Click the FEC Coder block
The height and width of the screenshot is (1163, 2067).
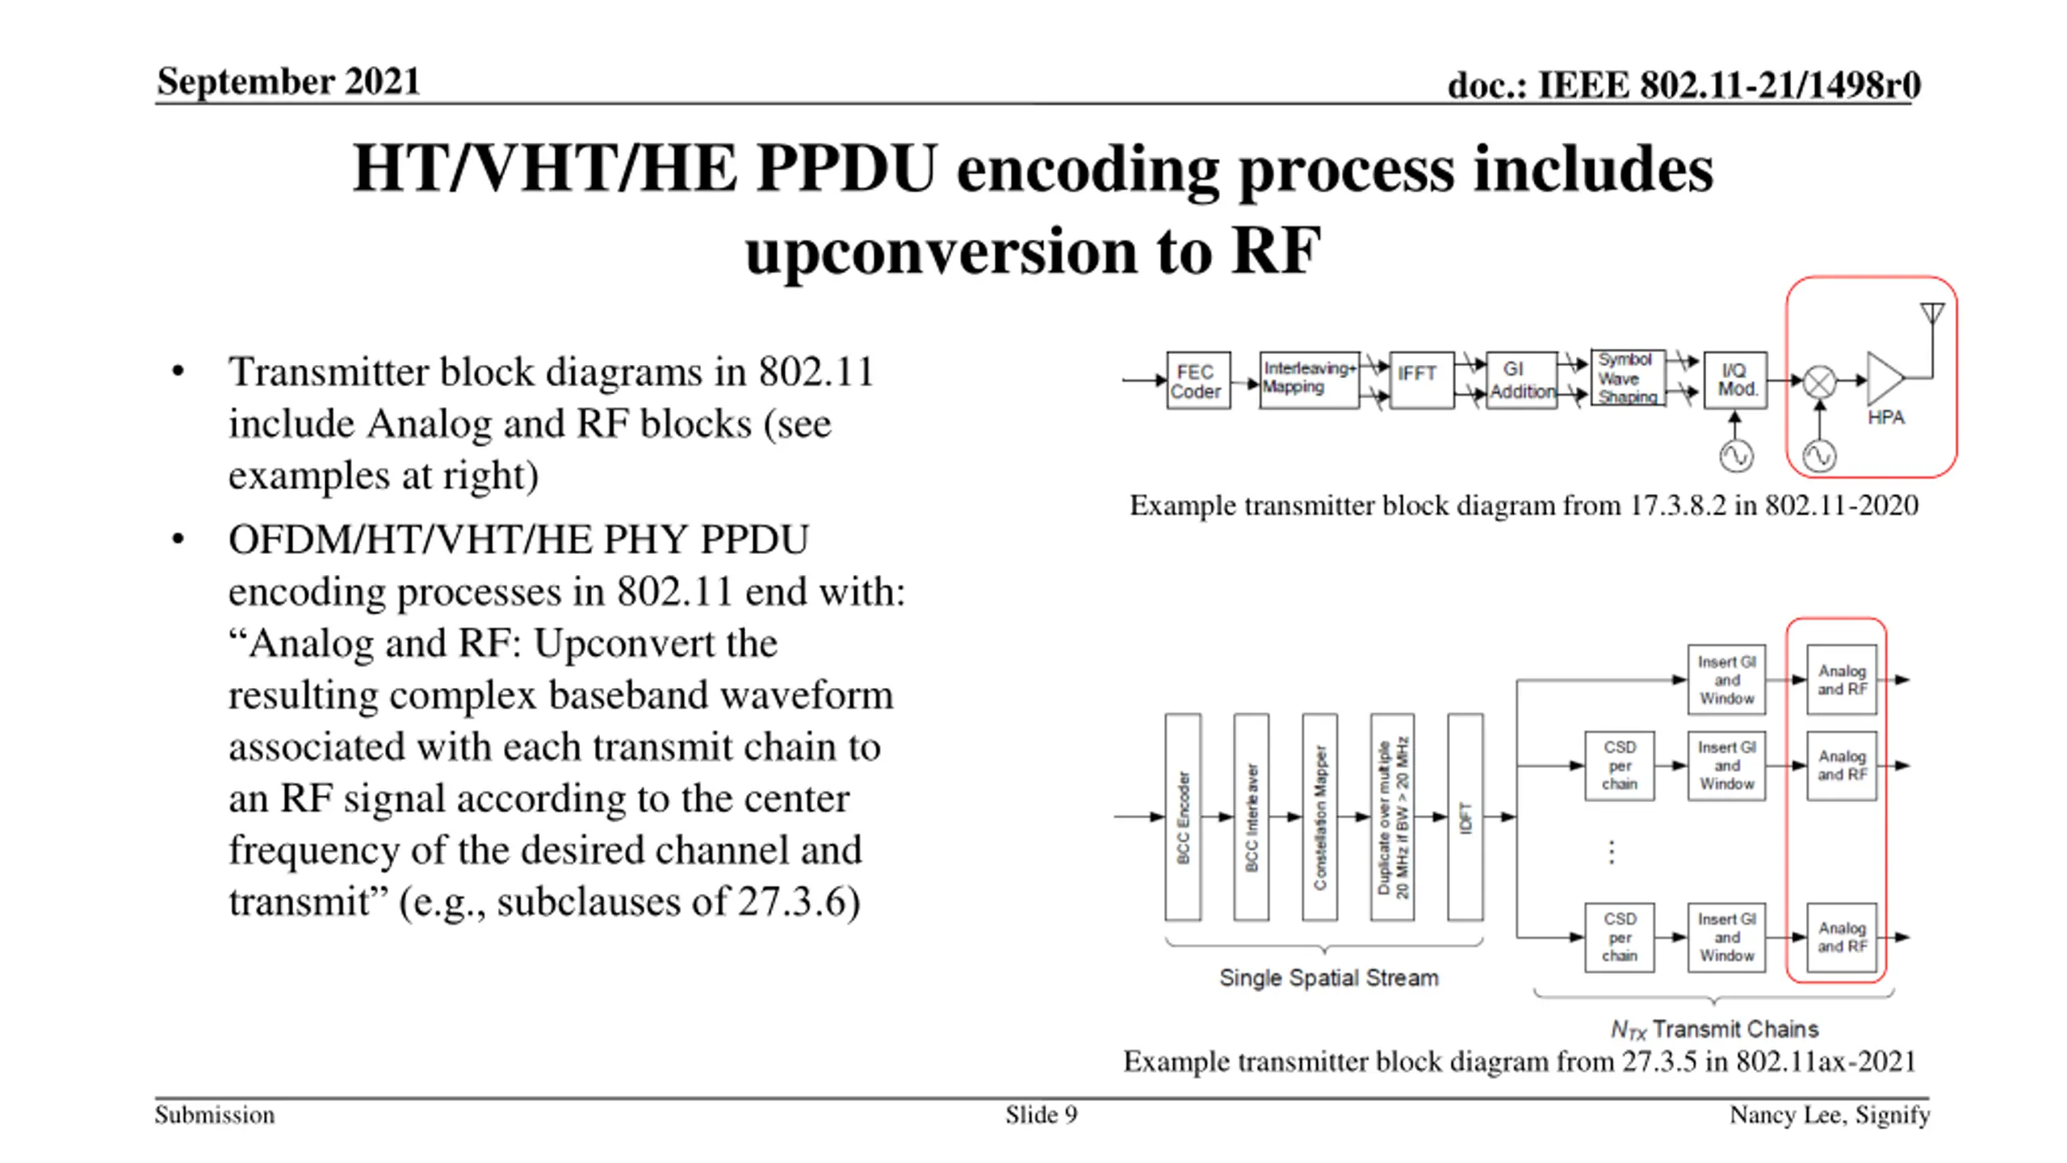1197,380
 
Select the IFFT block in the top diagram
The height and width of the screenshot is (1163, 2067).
1420,380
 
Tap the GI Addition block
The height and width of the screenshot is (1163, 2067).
1521,380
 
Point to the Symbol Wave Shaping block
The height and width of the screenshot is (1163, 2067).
1627,378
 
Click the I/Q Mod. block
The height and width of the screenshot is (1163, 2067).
1735,380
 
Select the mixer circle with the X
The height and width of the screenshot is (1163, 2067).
1820,382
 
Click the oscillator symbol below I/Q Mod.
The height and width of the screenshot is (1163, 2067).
1736,456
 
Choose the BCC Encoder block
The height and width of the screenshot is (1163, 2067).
1183,817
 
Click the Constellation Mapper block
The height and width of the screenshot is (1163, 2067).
1319,817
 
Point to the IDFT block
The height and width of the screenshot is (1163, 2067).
1465,817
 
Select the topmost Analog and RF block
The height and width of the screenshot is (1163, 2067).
1842,680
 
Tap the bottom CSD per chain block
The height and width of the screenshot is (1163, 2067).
1620,938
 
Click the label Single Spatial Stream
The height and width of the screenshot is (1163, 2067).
1328,978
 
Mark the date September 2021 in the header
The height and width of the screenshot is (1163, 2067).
288,82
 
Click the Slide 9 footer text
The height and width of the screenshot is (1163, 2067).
1041,1115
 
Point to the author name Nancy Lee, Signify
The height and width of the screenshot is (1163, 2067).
1829,1115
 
